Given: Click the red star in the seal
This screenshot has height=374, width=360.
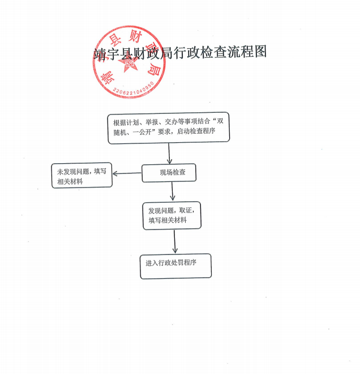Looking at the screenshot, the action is coord(128,64).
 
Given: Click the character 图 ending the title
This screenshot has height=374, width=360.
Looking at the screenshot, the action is coord(260,52).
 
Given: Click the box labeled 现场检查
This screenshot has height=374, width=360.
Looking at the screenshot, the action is coord(169,173).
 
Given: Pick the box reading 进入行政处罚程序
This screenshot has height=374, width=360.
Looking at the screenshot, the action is coord(175,266).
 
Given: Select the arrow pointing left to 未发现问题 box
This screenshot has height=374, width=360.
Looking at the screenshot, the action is coord(127,173).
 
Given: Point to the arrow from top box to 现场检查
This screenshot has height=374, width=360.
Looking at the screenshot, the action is coord(169,154).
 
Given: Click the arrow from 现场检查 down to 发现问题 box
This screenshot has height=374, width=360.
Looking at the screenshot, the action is coord(172,191).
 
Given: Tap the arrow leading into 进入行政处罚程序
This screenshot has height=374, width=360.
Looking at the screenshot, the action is coord(175,241).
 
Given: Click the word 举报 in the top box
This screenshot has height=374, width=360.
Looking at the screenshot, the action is coord(152,122).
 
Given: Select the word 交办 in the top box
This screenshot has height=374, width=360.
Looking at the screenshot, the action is coord(172,122).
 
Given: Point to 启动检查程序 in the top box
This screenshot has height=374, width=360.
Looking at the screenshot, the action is coord(196,131).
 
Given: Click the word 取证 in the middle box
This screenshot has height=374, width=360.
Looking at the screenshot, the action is coord(186,210).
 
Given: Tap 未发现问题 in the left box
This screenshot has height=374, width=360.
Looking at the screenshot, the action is coord(72,172).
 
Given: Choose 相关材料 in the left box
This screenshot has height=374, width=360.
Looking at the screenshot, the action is coord(70,181).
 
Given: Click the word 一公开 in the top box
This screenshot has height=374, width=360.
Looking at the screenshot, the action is coord(142,132).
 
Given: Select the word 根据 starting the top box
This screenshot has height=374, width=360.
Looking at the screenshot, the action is coord(119,123).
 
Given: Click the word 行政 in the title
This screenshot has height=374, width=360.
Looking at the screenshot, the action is coord(187,52).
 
